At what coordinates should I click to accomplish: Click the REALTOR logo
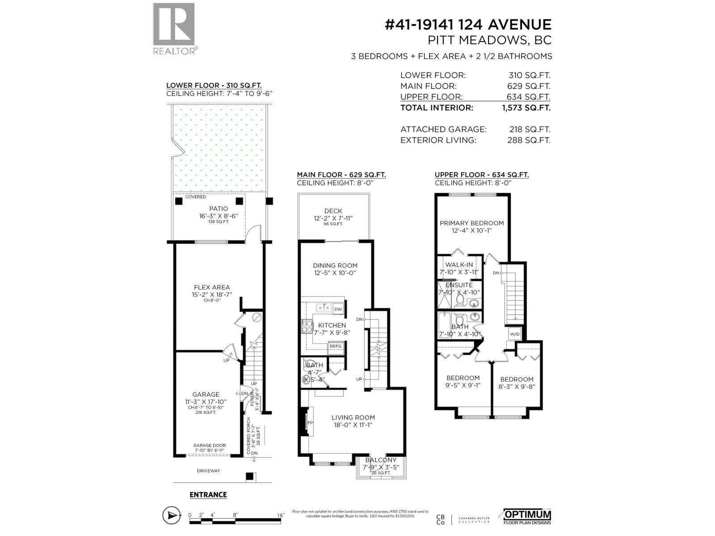coord(174,29)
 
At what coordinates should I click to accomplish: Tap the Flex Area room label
coord(212,287)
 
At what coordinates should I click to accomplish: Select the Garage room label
coord(206,394)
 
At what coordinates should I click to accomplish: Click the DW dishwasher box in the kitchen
coord(338,309)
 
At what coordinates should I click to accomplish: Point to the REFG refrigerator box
coord(335,346)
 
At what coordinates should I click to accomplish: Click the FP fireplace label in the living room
coord(310,423)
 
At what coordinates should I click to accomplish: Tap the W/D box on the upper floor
coord(514,334)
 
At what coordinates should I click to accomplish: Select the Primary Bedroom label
coord(471,223)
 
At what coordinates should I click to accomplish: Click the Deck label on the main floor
coord(333,211)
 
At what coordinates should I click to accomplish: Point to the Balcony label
coord(381,460)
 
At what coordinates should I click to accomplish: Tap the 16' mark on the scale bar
coord(280,515)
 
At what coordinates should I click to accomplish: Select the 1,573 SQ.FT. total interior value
coord(526,108)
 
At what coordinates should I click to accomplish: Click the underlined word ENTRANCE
coord(208,494)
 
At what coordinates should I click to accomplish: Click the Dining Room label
coord(335,265)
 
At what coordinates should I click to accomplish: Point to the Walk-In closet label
coord(459,265)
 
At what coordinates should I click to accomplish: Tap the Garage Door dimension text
coord(210,445)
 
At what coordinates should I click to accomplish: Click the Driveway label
coord(209,471)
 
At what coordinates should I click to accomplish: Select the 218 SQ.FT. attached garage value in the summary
coord(530,129)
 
